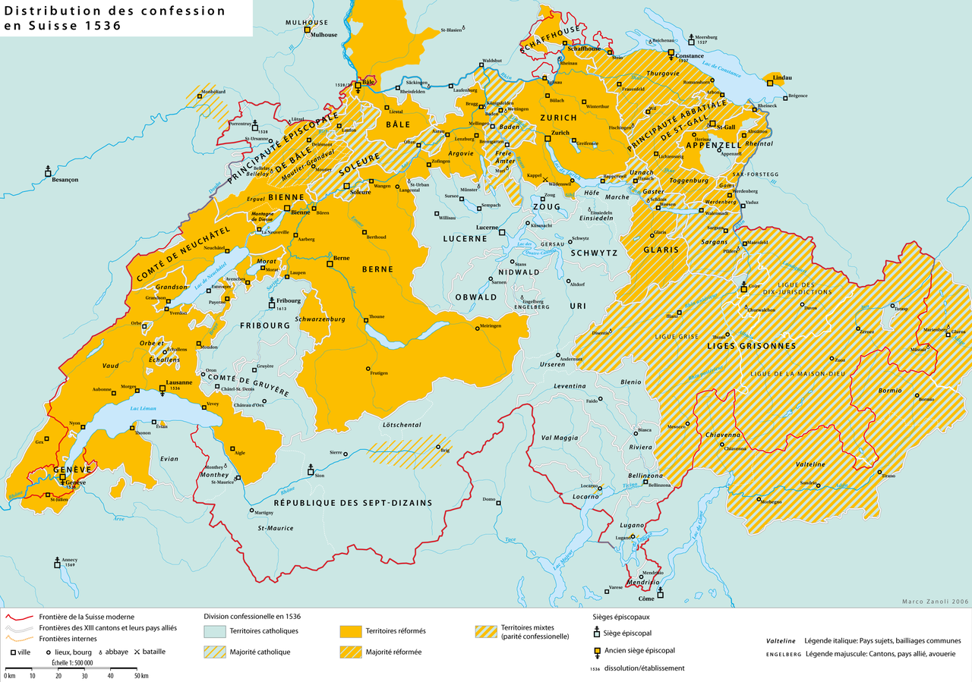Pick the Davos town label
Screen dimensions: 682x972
click(832, 308)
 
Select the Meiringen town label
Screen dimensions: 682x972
click(491, 325)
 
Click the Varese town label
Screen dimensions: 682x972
click(615, 589)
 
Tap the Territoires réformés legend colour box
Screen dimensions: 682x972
click(349, 630)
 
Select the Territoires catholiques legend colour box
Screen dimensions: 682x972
click(215, 630)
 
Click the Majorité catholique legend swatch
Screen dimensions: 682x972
click(215, 652)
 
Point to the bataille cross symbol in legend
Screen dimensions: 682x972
click(137, 651)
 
